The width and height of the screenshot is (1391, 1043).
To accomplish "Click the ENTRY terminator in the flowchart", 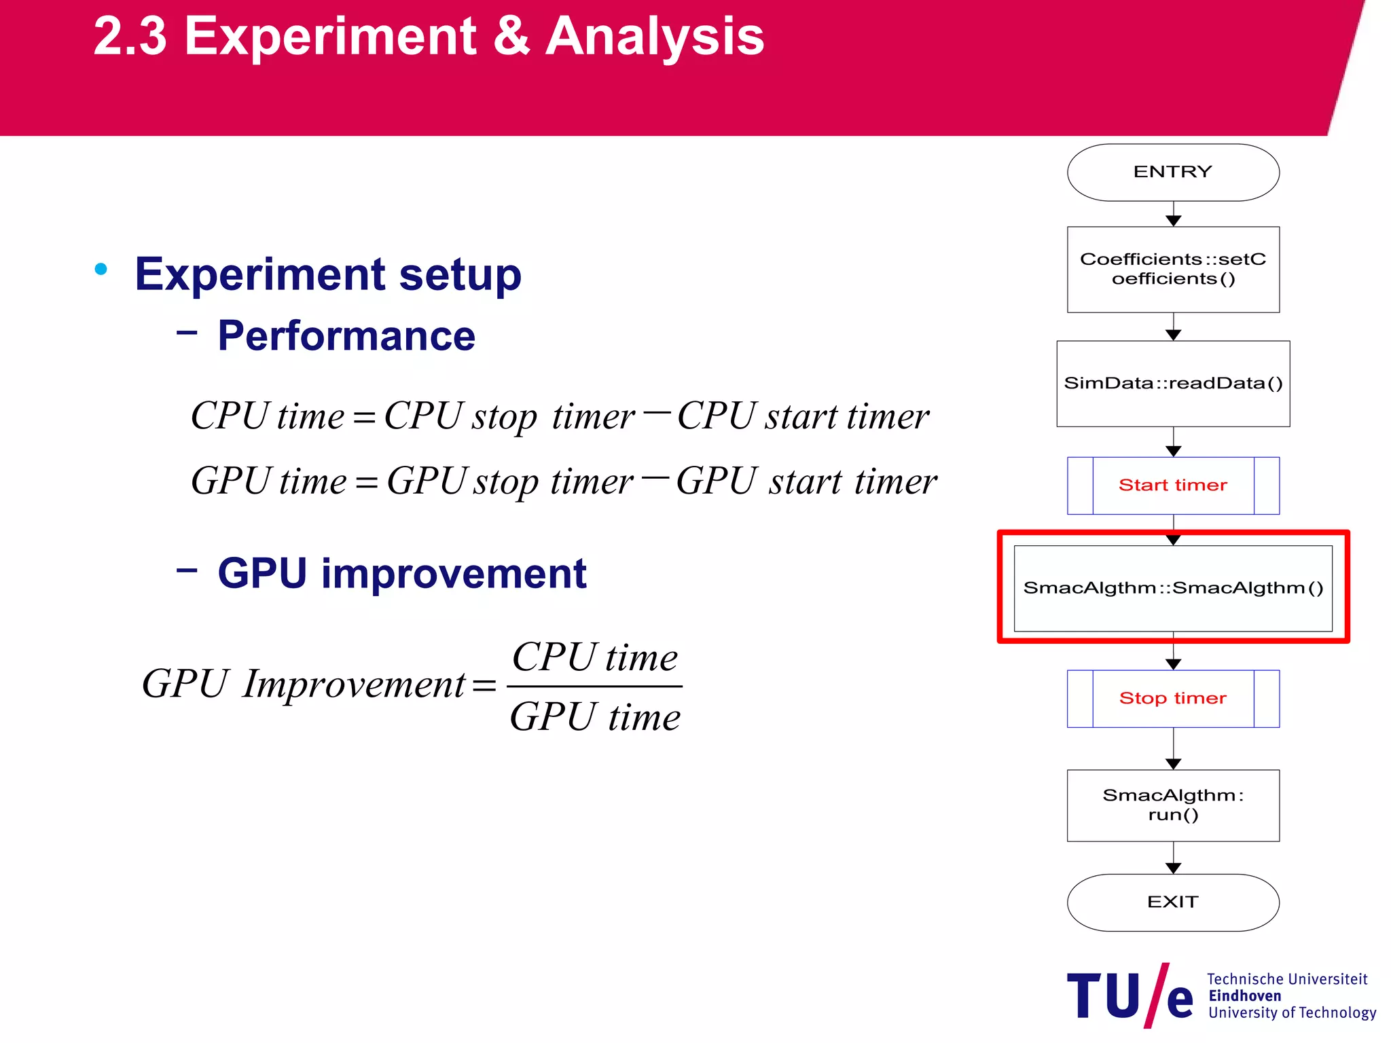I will click(1173, 172).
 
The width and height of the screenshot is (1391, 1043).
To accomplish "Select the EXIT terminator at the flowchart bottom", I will click(1173, 902).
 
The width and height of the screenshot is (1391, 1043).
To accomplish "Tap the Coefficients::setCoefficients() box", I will click(1173, 270).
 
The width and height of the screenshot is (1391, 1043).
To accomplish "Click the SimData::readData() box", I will click(1173, 384).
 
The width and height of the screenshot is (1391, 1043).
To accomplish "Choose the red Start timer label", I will click(1173, 486).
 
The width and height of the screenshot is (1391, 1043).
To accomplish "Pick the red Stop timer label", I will click(1173, 699).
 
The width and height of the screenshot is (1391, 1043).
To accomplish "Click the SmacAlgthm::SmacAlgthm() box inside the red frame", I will click(1173, 588).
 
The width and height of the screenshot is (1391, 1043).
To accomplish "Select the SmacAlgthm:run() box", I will click(1173, 805).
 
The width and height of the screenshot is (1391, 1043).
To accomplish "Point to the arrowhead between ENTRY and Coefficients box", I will click(1173, 221).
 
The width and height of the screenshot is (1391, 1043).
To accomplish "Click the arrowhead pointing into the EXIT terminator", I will click(1173, 868).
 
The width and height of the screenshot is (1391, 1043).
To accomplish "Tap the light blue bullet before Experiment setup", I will click(101, 270).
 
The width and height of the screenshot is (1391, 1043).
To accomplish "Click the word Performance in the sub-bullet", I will click(346, 336).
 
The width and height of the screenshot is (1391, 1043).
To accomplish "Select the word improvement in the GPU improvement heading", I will click(454, 574).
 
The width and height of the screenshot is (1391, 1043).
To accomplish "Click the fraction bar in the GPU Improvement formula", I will click(594, 687).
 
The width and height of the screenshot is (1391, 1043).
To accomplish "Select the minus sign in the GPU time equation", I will click(655, 477).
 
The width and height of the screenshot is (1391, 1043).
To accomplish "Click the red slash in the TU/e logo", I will click(1156, 995).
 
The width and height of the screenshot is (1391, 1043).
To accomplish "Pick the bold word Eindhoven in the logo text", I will click(1244, 996).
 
